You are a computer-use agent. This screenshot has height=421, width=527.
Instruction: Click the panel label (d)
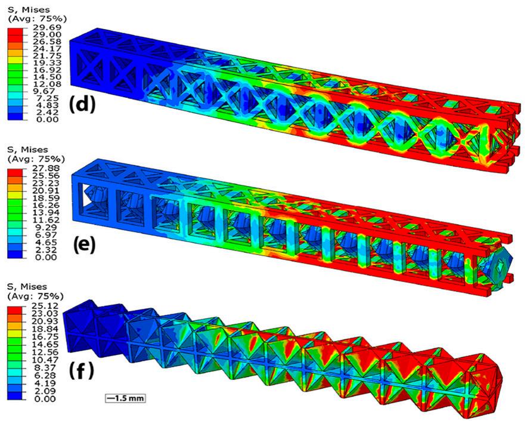(x=82, y=104)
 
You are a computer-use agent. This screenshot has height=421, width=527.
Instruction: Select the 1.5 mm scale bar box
(x=125, y=398)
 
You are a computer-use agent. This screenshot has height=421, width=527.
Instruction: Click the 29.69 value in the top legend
(x=49, y=27)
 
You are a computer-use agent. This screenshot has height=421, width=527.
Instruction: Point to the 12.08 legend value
(x=49, y=83)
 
